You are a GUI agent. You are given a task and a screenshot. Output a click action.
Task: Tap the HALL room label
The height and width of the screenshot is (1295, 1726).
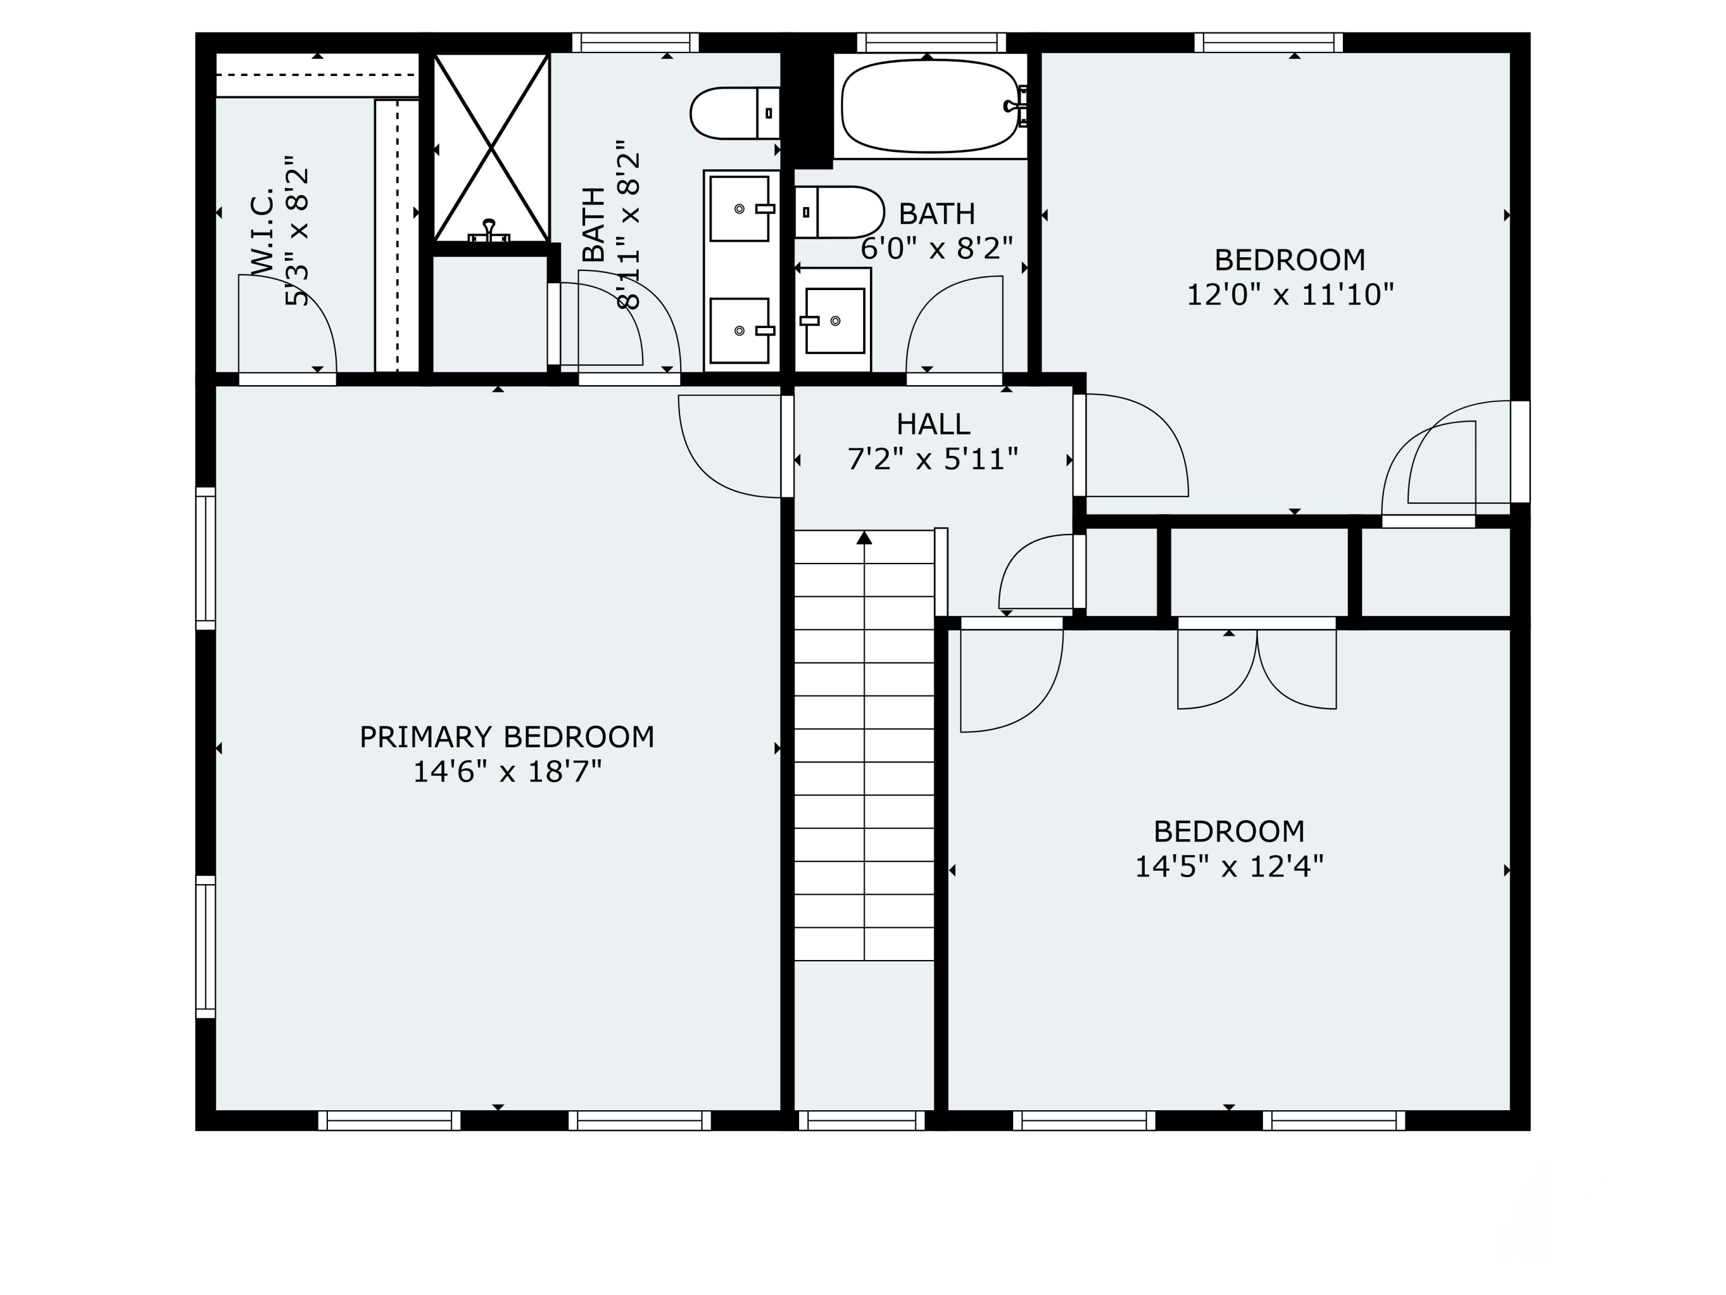click(933, 424)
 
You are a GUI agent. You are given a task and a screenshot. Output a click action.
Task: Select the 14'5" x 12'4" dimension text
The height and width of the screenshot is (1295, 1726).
click(1229, 866)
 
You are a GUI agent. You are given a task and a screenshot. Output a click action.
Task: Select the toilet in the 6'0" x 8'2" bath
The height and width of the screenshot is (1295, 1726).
click(839, 212)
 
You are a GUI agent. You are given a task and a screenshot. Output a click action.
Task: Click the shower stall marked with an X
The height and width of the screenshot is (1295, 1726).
click(491, 147)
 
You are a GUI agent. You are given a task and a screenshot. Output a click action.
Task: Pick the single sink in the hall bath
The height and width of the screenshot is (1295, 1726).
click(833, 320)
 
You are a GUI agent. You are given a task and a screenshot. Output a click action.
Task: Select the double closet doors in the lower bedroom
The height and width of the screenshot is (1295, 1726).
click(1257, 670)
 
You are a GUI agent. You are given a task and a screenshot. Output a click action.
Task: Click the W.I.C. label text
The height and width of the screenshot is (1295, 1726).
click(263, 230)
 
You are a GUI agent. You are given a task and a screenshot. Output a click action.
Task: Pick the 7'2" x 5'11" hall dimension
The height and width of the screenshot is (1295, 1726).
click(933, 459)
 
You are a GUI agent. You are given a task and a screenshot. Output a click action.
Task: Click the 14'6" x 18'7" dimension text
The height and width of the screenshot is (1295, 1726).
click(507, 772)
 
